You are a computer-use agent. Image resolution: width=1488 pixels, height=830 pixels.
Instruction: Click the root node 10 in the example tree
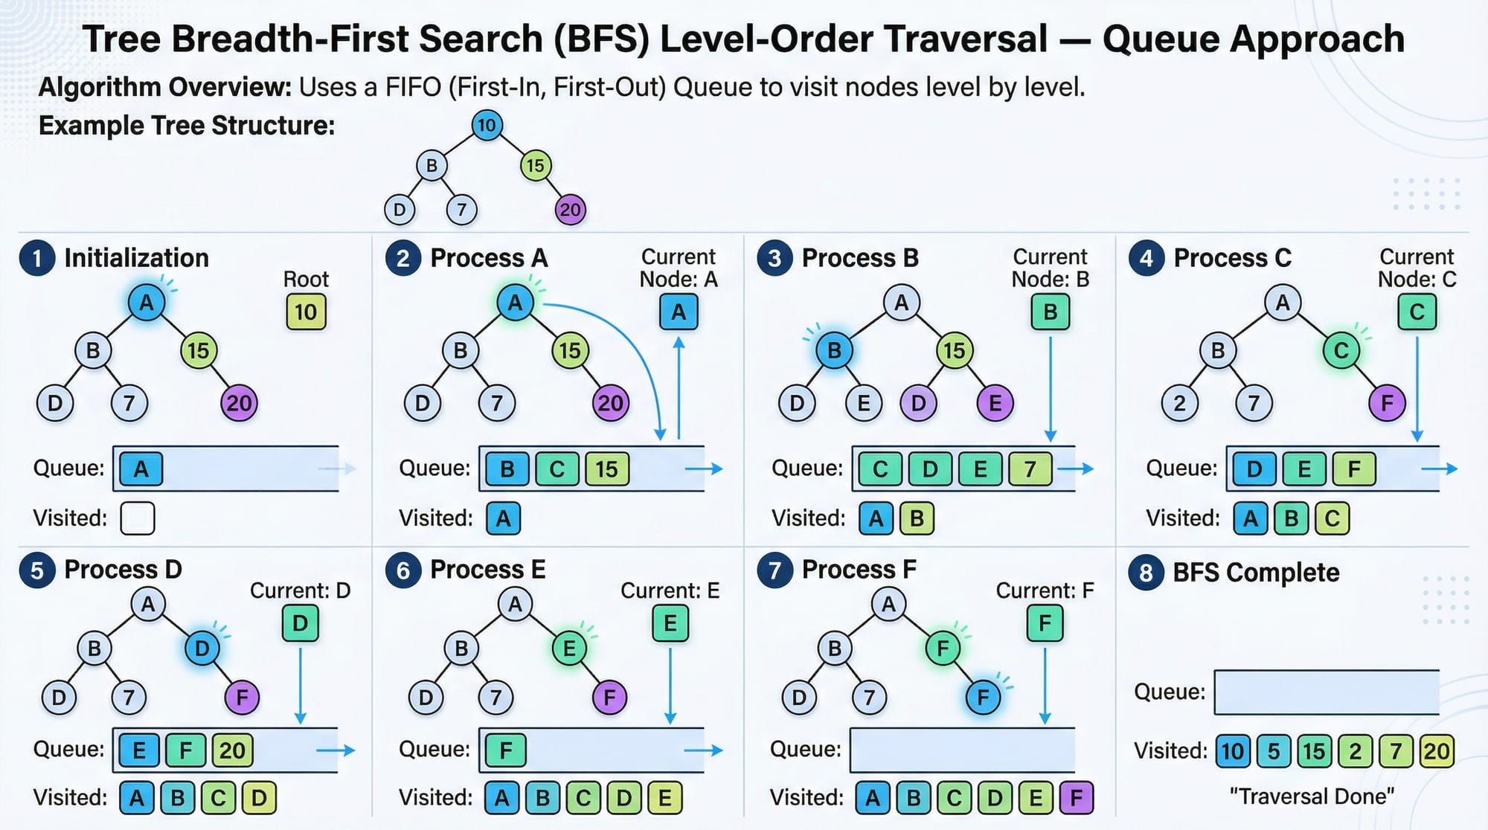487,125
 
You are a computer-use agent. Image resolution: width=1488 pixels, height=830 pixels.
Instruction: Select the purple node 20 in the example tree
571,210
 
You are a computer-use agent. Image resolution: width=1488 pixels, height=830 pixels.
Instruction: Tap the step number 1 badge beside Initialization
37,258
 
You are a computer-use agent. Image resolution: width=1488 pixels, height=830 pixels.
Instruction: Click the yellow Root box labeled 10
306,312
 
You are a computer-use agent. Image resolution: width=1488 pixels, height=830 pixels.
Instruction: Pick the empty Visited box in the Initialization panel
138,518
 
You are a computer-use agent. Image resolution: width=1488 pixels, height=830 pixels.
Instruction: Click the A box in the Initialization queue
141,469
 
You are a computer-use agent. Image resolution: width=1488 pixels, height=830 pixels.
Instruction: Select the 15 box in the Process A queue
606,469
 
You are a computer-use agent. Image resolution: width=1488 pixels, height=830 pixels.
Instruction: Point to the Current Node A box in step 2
679,312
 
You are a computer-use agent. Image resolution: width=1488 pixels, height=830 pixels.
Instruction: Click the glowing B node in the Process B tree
834,350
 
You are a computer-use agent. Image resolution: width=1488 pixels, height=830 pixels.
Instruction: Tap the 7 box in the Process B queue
1030,469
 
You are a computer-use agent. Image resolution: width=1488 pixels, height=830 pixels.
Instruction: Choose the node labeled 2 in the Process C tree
1179,404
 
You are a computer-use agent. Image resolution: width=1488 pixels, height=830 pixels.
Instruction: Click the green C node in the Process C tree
1341,350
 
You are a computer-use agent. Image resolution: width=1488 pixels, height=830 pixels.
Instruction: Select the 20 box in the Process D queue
232,750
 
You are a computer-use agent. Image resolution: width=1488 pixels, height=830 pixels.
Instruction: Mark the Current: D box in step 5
300,623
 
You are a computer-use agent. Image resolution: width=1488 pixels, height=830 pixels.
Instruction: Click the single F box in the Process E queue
506,750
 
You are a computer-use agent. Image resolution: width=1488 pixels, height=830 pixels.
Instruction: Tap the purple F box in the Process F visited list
1076,798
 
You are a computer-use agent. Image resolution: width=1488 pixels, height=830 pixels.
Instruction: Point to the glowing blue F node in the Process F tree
983,698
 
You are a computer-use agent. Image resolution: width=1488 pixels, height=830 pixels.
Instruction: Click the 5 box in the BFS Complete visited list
1274,751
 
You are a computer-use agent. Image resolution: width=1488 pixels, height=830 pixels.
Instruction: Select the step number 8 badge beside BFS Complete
1146,573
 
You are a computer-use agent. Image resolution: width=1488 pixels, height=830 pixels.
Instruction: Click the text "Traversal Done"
1312,797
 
